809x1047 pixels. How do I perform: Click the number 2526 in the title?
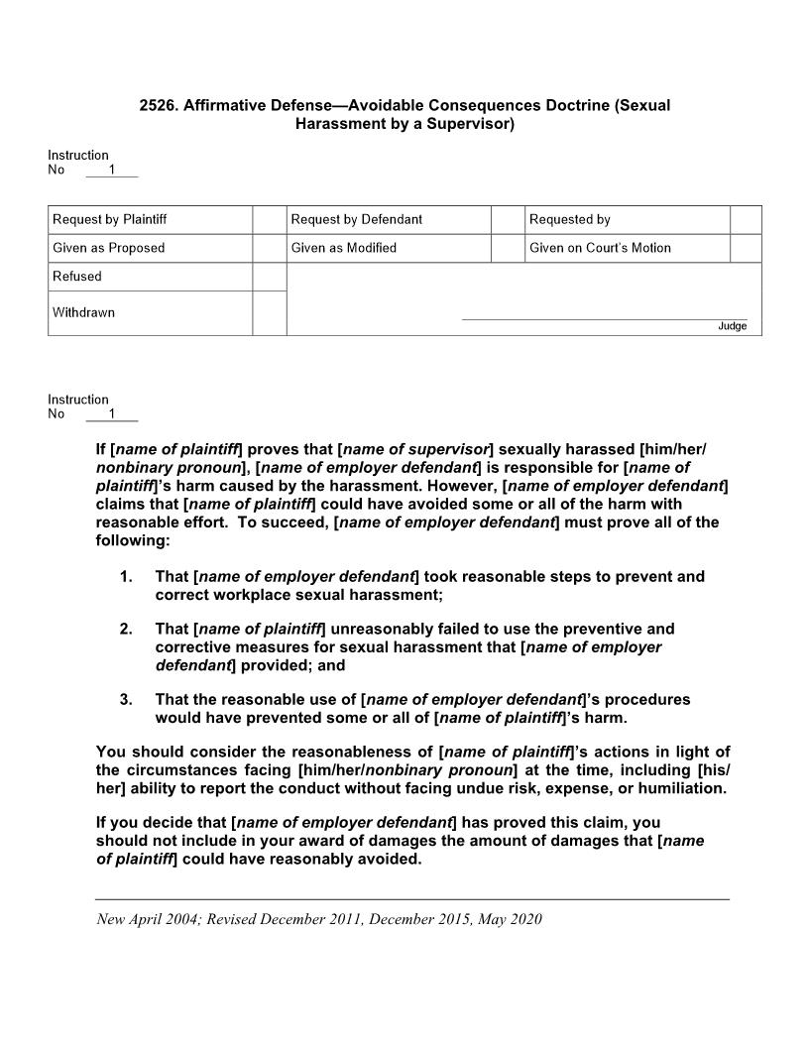(158, 105)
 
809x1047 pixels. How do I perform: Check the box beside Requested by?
(745, 219)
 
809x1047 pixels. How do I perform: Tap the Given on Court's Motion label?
(600, 248)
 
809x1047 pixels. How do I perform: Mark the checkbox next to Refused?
(269, 277)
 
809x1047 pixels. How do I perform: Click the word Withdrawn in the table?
(84, 312)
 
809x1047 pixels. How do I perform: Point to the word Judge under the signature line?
(732, 326)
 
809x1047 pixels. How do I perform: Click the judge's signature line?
(605, 318)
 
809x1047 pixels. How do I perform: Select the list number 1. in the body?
(126, 576)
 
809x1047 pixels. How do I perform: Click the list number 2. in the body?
(126, 629)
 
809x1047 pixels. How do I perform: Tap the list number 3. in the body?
(126, 699)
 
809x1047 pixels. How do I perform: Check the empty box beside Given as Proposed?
(269, 248)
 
